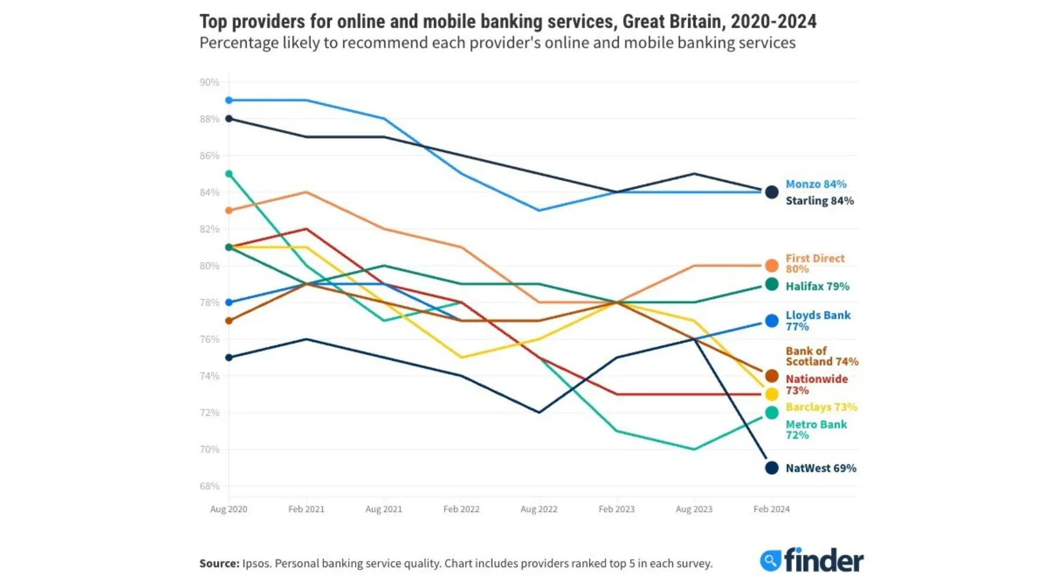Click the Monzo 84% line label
(815, 184)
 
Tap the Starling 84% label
(819, 201)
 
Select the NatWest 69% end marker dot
(771, 468)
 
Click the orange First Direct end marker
(771, 266)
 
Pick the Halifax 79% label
(817, 286)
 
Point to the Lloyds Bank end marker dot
(771, 321)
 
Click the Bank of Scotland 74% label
(821, 356)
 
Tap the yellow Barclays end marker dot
(771, 394)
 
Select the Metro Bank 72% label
(815, 430)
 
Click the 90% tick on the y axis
(209, 82)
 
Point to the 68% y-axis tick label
(209, 486)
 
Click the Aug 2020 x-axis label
(229, 509)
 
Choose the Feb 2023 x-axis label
(616, 509)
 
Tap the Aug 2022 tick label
(539, 509)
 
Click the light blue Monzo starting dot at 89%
(229, 100)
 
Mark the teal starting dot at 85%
(229, 174)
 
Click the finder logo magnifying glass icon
(770, 561)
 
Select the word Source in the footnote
(219, 564)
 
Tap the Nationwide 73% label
(816, 384)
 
